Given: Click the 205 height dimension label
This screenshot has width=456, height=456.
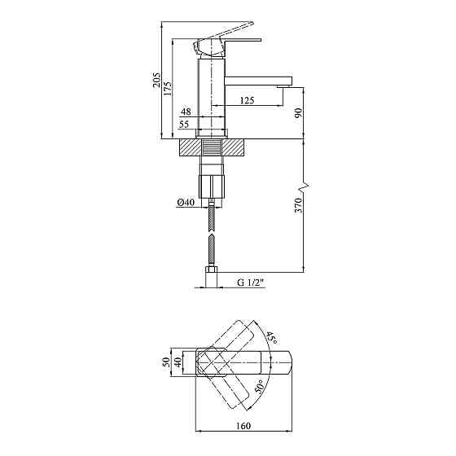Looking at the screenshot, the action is (156, 80).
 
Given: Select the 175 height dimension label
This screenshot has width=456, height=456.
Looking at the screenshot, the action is (167, 89).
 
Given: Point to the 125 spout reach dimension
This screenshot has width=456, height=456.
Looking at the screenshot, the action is (247, 100).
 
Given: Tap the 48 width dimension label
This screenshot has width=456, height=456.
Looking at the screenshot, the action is (186, 112).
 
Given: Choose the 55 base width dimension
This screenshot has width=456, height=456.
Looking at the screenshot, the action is (184, 124).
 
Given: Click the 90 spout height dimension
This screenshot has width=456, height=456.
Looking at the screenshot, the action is (298, 113).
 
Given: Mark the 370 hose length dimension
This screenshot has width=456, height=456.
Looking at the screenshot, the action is (299, 205).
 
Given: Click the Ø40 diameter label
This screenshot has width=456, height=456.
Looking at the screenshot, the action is (186, 202).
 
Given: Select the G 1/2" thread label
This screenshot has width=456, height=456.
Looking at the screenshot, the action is (251, 283).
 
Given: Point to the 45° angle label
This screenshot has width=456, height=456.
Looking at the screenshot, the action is (271, 337).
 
